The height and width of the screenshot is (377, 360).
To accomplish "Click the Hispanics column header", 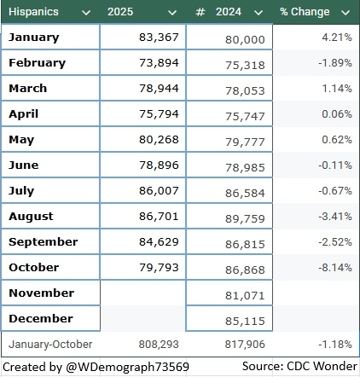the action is point(33,12).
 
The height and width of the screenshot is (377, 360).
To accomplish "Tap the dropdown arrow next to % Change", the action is point(345,13).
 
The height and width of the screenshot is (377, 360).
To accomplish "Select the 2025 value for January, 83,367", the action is point(159,38).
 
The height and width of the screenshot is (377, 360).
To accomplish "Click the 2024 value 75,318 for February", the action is point(245,66).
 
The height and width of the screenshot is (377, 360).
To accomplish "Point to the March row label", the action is point(28,89).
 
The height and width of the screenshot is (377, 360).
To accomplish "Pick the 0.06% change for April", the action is point(337,114).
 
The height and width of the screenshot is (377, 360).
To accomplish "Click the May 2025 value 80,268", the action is point(159,140).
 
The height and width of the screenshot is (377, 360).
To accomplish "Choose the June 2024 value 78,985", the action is point(245,168).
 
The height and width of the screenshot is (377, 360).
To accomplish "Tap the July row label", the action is point(21,191).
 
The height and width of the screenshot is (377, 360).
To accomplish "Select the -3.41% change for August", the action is point(335,217).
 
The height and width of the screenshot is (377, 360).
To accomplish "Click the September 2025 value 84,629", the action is point(159,242).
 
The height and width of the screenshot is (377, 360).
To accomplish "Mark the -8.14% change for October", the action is point(335,268).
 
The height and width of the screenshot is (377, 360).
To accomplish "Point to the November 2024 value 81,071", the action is point(245,296).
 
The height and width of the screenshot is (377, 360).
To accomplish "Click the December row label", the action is point(41,319).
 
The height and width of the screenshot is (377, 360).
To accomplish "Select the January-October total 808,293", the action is point(159,345).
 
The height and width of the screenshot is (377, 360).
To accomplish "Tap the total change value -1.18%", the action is point(335,345).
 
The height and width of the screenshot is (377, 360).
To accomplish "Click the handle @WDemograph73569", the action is point(127,367).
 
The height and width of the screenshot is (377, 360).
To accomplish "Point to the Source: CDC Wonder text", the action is point(299,366).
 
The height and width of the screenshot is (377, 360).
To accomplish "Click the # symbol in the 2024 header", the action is point(200,12).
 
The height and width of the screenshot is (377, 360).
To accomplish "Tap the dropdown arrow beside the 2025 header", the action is point(172,13).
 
